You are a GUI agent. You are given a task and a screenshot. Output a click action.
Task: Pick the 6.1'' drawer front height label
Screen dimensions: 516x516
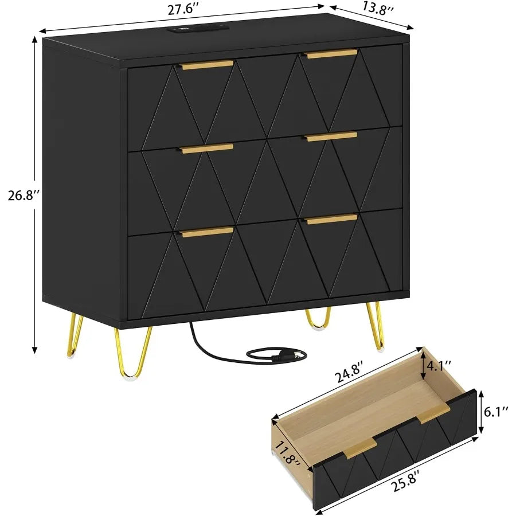(494, 410)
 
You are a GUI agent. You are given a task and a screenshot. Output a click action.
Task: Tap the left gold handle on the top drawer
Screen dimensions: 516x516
(208, 65)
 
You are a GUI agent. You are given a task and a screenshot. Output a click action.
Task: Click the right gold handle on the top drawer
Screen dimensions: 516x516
(331, 54)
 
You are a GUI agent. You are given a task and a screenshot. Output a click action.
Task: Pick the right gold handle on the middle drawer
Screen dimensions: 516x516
(331, 136)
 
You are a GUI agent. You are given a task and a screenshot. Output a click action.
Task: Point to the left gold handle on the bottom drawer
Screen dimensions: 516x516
(208, 232)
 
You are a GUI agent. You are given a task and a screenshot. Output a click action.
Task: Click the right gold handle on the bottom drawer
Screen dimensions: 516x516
(331, 220)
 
